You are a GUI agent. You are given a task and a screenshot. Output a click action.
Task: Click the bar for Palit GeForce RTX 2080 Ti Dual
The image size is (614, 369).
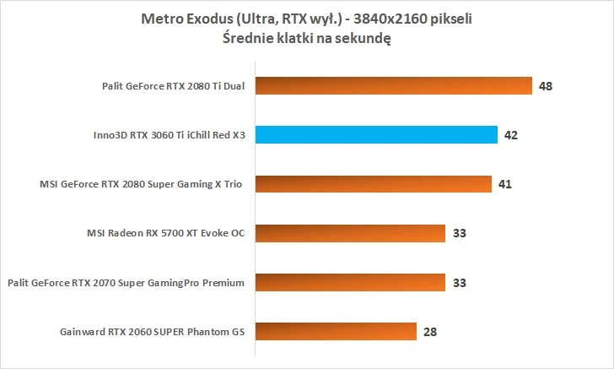point(393,85)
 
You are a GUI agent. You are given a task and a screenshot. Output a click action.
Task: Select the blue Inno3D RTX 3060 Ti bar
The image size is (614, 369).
point(376,134)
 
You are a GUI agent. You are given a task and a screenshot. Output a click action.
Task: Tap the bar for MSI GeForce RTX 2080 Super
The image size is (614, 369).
point(373,183)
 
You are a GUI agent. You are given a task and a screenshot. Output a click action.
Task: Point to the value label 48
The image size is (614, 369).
point(546,85)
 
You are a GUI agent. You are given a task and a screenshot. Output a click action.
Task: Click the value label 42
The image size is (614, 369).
point(511,134)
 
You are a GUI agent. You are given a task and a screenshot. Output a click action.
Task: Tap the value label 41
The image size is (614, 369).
point(505,183)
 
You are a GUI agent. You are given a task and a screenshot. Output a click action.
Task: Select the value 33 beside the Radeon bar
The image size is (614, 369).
point(459,233)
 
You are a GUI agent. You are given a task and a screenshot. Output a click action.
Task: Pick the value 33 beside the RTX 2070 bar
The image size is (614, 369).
point(459,282)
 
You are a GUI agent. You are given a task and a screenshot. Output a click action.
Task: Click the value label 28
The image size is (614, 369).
point(430,331)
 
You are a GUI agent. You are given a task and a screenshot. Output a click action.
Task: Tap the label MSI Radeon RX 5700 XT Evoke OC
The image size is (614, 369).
point(164,233)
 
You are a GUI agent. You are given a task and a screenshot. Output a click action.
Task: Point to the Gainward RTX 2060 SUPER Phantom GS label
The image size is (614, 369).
point(153,331)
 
